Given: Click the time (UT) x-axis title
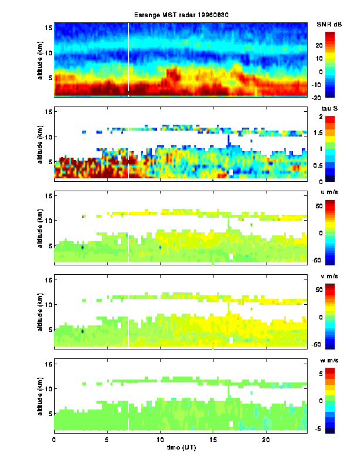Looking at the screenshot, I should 180,448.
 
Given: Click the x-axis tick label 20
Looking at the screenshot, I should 266,440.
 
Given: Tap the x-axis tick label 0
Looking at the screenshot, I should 54,440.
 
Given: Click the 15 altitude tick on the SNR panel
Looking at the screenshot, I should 49,28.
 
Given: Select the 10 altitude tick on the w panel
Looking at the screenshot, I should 49,389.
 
